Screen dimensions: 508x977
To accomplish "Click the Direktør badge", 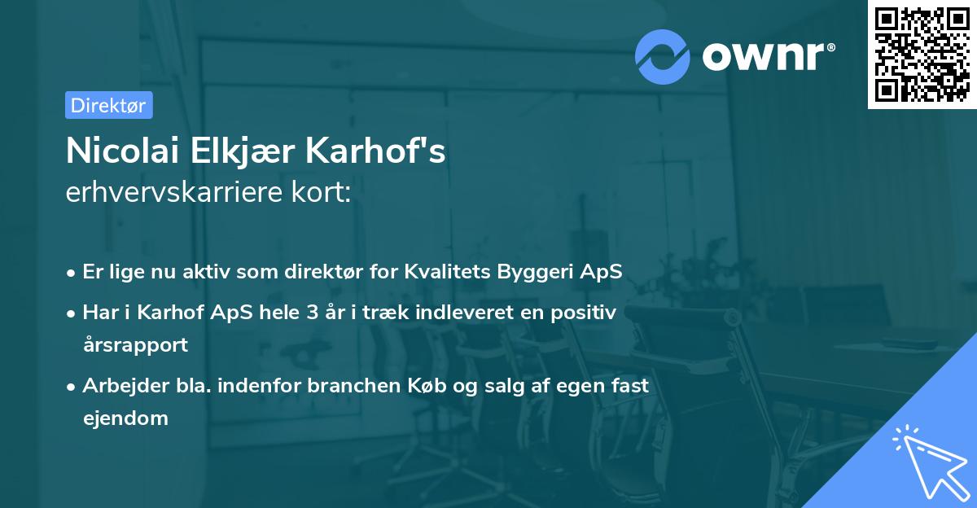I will (x=108, y=105).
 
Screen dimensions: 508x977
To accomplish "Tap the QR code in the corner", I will (x=922, y=55).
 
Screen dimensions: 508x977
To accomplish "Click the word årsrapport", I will (x=135, y=344).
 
